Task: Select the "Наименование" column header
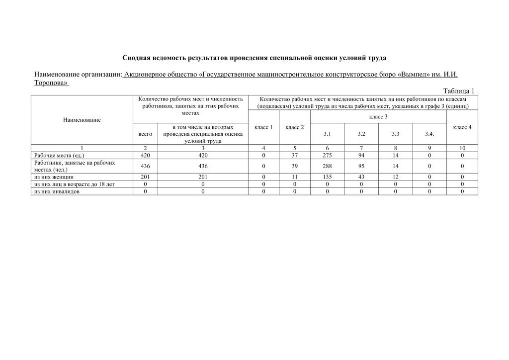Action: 82,120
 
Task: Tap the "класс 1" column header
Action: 263,127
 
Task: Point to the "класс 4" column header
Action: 462,127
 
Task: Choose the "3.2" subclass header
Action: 361,134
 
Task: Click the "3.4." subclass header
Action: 429,134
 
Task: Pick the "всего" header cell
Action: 145,134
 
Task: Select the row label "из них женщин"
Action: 54,177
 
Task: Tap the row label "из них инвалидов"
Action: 57,191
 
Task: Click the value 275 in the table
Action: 327,155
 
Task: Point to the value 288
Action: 327,166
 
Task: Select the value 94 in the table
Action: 361,155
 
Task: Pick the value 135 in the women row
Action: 327,177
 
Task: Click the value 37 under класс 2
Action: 295,155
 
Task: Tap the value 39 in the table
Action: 295,166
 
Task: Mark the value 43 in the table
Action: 361,177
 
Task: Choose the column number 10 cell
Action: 462,148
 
